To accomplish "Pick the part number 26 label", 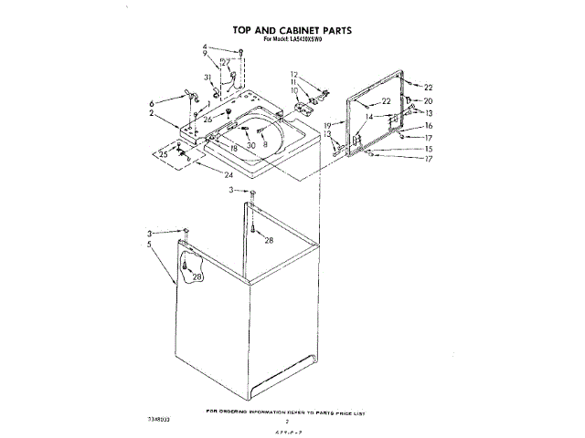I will click(207, 120).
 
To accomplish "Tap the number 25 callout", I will click(164, 155).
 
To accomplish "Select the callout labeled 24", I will click(229, 174).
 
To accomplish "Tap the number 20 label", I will click(428, 100).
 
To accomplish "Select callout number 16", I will click(428, 125).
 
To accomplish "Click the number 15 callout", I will click(428, 149).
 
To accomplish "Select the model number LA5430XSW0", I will click(314, 41).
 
